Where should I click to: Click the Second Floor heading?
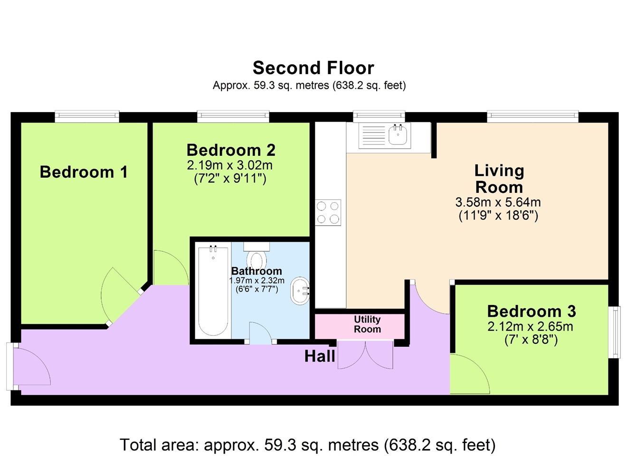[313, 68]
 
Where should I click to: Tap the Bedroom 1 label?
[84, 171]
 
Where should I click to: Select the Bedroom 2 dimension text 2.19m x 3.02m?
[229, 165]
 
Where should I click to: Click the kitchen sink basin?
[399, 135]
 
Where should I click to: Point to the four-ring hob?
[328, 212]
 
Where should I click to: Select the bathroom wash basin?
[300, 291]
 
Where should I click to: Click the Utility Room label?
[367, 324]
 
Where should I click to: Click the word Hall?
[320, 356]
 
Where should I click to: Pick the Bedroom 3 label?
[532, 311]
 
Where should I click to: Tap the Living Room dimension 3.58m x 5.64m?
[498, 202]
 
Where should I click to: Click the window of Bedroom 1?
[87, 116]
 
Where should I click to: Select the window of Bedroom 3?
[614, 332]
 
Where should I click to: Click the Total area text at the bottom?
[308, 445]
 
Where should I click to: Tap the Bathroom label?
[256, 271]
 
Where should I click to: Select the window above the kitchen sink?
[379, 116]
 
